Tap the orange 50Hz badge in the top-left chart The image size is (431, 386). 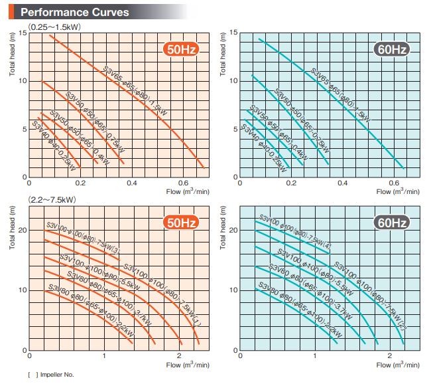[x=182, y=50]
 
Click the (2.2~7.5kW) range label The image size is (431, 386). [x=52, y=198]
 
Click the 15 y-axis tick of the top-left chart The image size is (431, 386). [x=23, y=34]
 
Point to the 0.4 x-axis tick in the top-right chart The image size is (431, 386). [x=343, y=182]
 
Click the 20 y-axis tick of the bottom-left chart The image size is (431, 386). [x=21, y=231]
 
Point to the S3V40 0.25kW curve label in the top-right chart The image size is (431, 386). [x=263, y=142]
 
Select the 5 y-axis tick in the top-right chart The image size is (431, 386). [x=234, y=129]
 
